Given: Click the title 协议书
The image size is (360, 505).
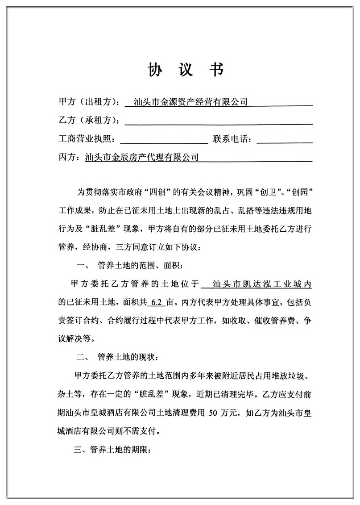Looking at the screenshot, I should (186, 70).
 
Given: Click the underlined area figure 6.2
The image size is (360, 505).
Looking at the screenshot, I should (156, 302).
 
